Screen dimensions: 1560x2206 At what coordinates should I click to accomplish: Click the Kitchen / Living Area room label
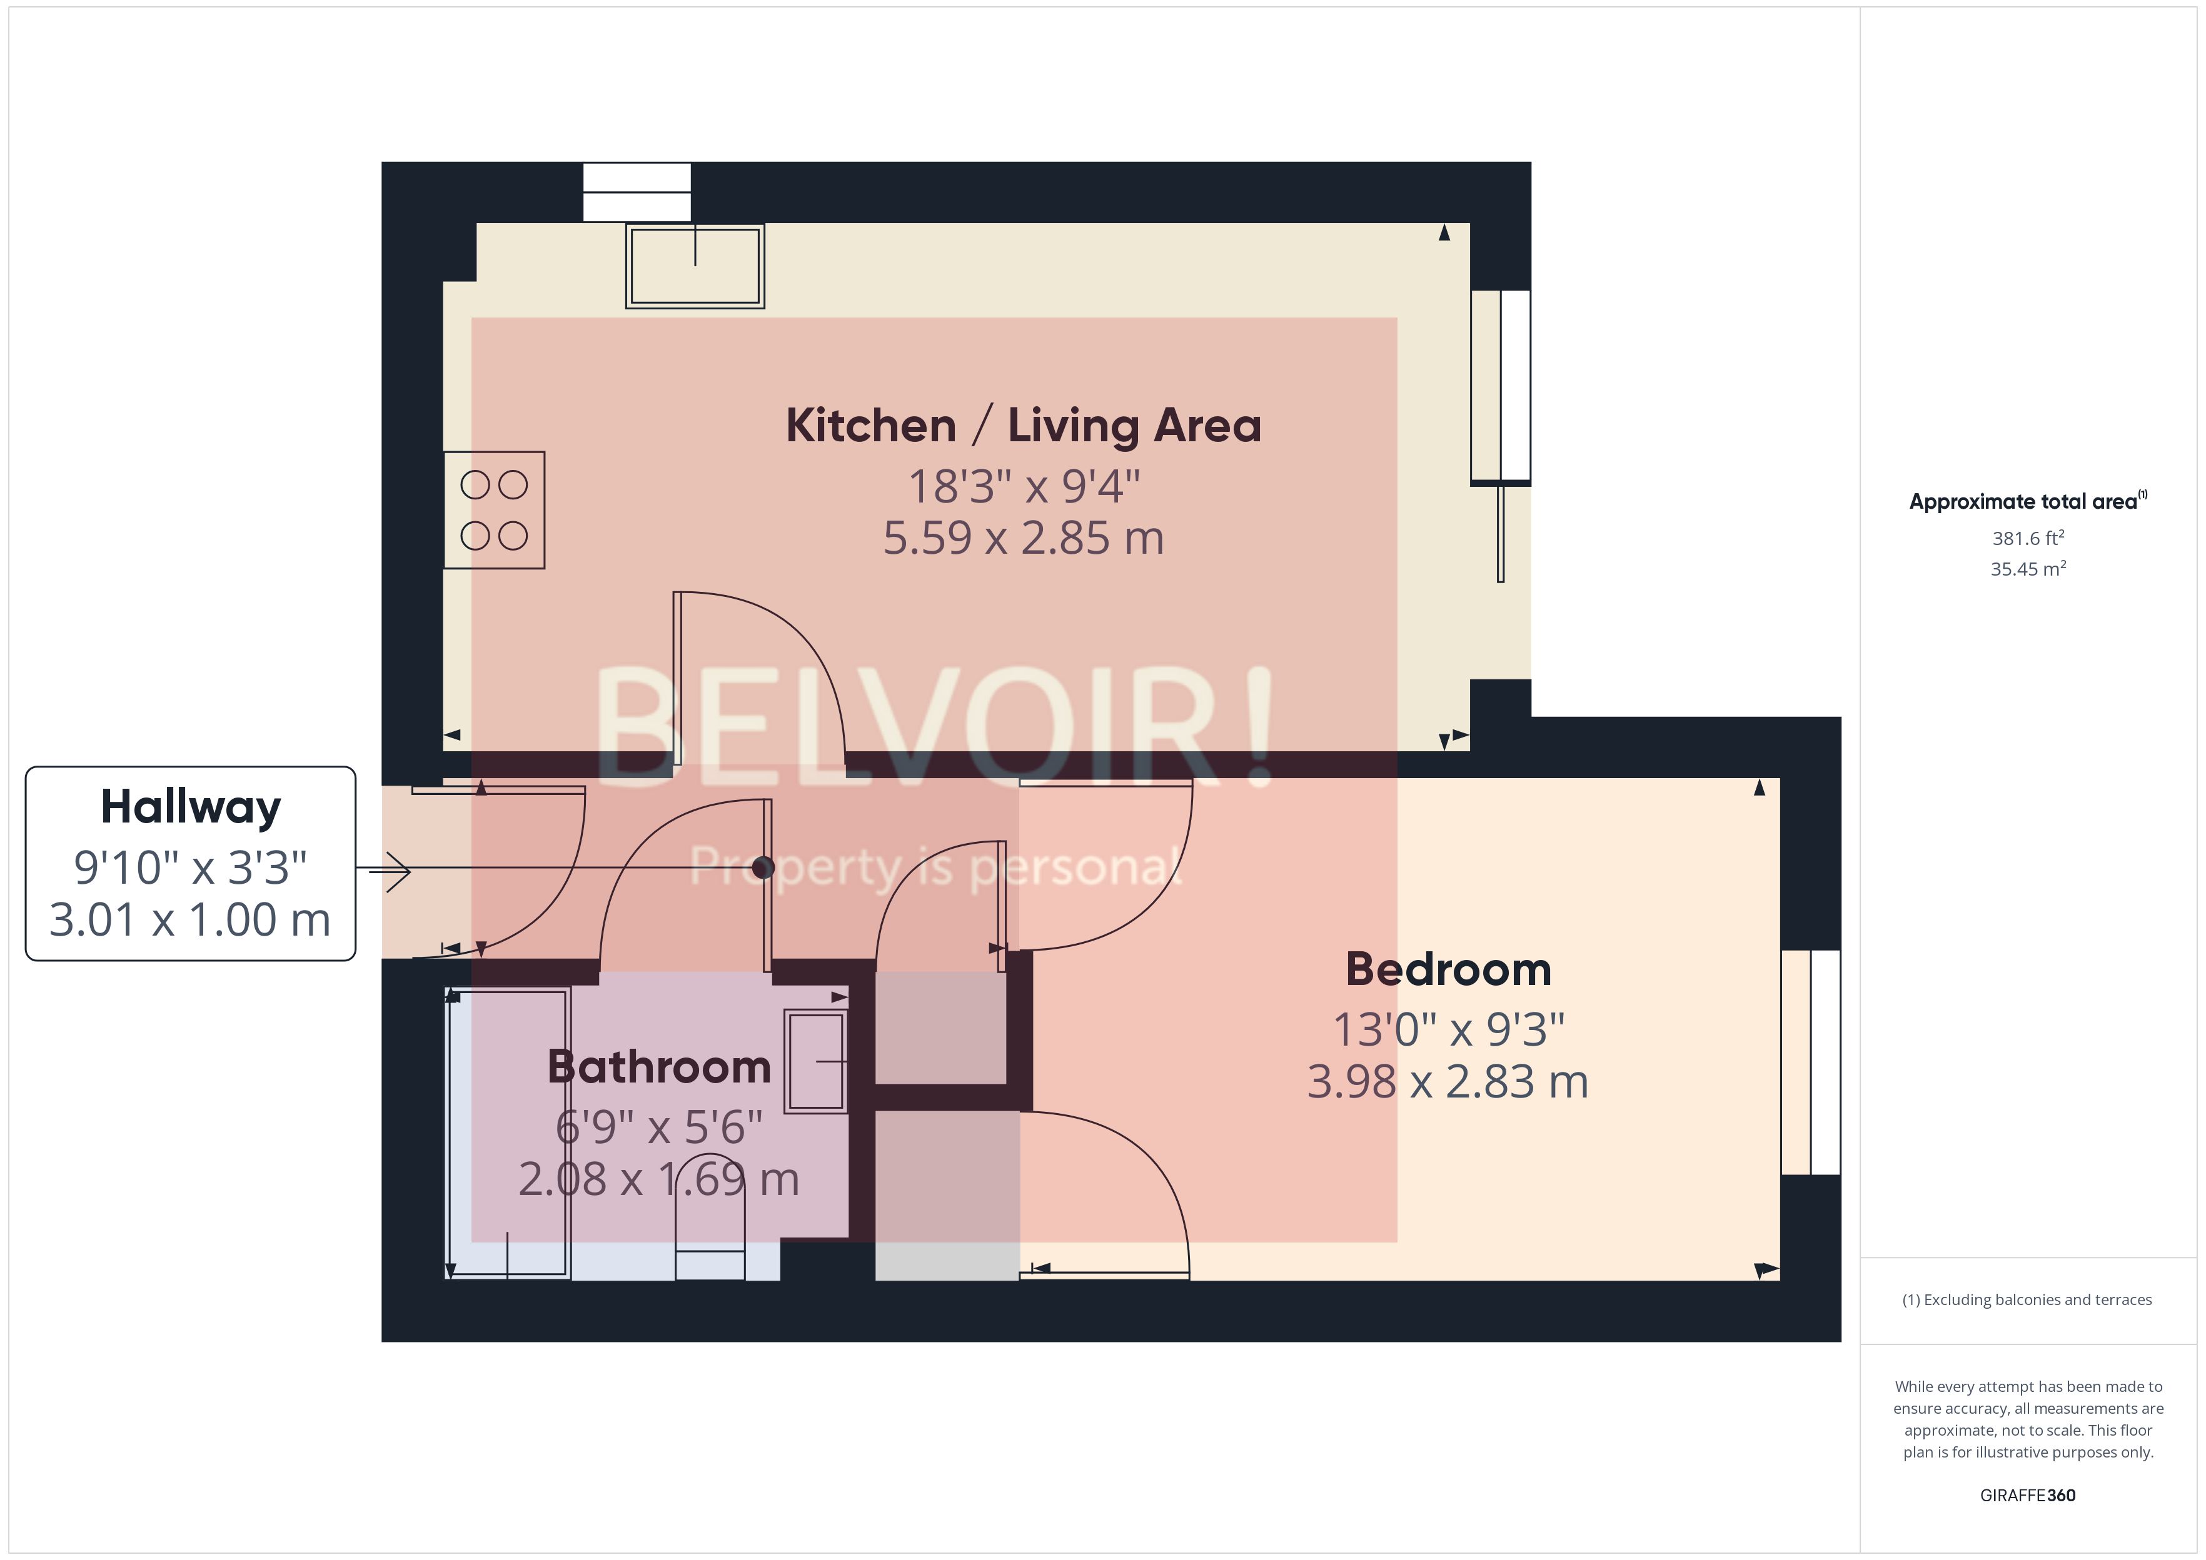pos(1023,426)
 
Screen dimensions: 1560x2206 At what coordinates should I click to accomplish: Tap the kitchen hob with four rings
pos(494,510)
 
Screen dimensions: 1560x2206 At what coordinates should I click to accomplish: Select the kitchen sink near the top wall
pos(695,266)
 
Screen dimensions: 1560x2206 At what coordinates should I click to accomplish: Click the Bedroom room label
pos(1448,969)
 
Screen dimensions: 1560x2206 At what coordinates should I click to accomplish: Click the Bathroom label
pos(659,1067)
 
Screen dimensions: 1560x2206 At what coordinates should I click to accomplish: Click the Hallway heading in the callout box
pos(190,807)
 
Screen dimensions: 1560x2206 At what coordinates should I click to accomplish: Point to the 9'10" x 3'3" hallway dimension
pos(190,867)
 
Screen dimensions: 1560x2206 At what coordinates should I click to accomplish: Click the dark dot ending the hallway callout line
pos(763,868)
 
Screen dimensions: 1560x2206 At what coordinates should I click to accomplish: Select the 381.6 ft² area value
pos(2027,539)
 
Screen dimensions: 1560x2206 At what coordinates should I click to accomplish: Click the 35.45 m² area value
pos(2027,569)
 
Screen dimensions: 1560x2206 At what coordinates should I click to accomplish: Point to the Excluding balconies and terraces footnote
pos(2027,1299)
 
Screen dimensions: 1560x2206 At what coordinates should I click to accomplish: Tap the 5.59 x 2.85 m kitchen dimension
pos(1023,538)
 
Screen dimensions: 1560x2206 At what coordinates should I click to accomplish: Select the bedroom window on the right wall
pos(1810,1062)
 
